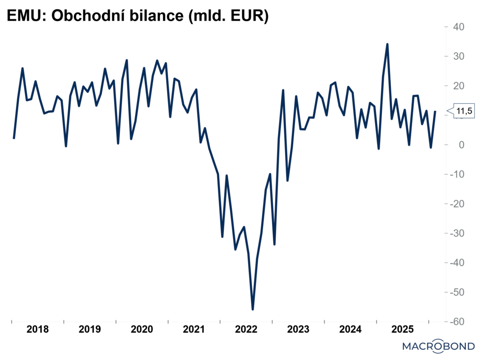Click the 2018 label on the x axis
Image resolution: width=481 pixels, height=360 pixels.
38,329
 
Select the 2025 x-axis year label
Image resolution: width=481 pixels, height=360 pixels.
402,329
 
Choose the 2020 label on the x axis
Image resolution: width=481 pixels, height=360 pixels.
142,329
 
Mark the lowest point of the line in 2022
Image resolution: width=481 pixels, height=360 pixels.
253,309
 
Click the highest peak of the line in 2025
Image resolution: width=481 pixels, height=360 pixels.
387,44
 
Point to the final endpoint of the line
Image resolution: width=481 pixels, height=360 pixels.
435,111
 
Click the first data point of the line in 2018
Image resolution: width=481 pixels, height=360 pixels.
14,138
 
